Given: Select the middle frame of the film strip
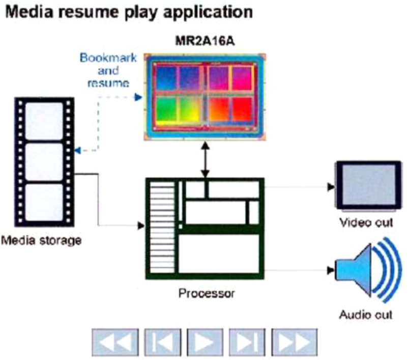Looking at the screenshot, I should click(44, 161).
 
